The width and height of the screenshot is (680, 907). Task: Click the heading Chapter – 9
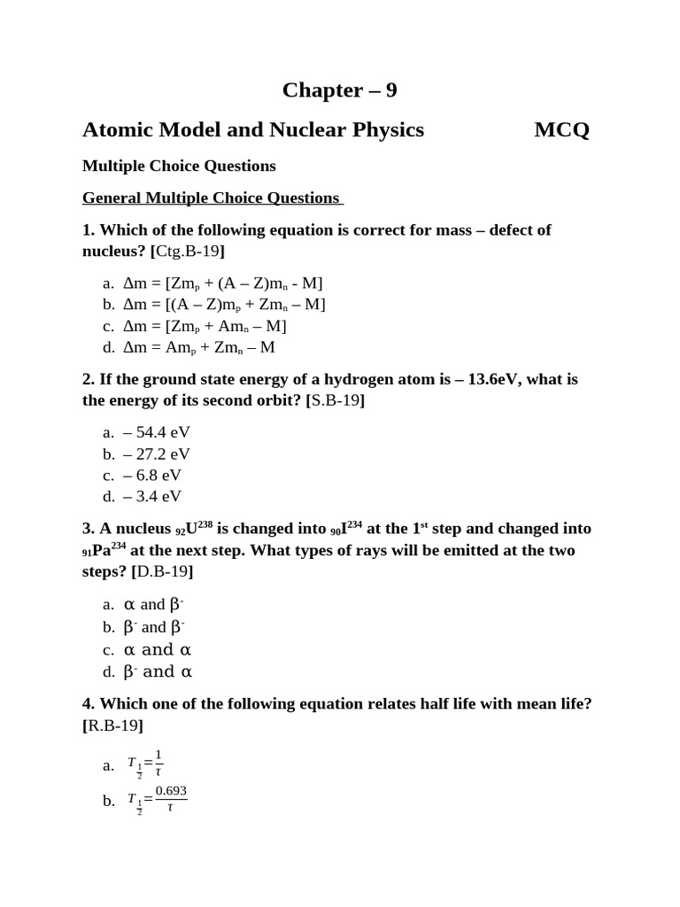click(x=339, y=90)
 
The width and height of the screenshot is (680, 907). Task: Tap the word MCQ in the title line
click(x=561, y=130)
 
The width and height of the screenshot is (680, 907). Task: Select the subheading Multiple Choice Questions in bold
click(x=179, y=166)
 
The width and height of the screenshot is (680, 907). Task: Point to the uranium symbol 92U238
click(x=194, y=528)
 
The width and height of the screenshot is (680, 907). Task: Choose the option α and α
click(x=158, y=649)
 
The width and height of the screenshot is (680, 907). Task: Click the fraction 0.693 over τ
click(x=171, y=798)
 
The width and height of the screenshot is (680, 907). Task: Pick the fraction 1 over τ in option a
click(x=158, y=762)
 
